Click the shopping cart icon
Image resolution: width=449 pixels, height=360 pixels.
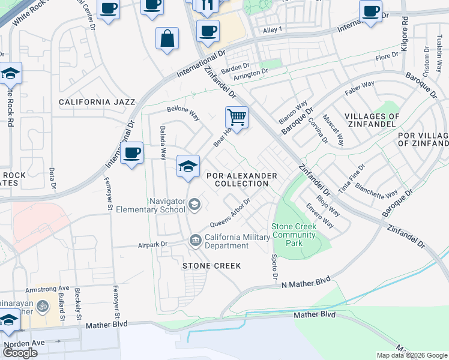click(237, 116)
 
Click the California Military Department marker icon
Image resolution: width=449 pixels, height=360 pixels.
click(195, 241)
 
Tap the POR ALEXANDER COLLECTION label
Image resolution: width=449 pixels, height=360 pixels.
click(242, 179)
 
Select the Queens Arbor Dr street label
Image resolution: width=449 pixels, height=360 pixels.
click(230, 214)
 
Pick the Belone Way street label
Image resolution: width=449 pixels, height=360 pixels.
click(183, 113)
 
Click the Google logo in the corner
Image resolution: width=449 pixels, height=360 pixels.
click(20, 353)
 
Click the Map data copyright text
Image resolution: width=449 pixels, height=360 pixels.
click(411, 355)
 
